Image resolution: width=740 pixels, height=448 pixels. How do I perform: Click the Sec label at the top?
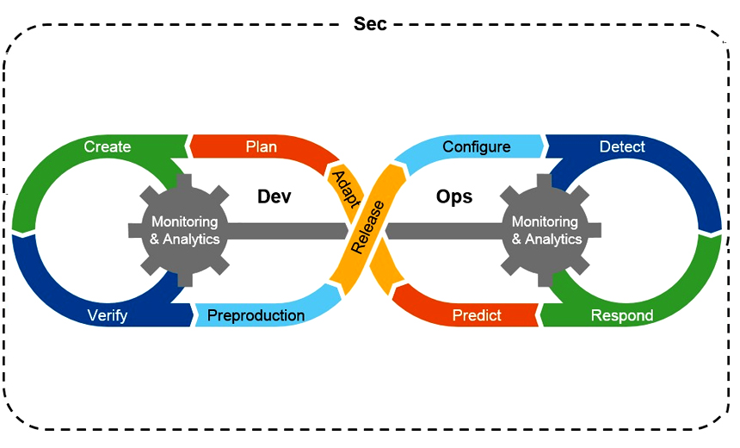click(x=370, y=23)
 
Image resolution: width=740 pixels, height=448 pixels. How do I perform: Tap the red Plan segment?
click(x=262, y=146)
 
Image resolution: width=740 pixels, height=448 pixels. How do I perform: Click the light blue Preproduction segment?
click(x=256, y=315)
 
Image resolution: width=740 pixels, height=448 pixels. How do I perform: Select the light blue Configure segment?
click(x=476, y=147)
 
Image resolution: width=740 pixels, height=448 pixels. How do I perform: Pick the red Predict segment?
click(x=476, y=315)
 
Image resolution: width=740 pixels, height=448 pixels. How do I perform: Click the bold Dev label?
click(x=274, y=196)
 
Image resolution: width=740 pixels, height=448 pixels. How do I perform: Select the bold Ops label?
click(x=454, y=196)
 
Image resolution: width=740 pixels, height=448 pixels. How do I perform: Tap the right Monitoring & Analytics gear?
click(x=546, y=230)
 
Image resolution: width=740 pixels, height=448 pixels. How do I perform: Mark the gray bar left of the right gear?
click(x=443, y=230)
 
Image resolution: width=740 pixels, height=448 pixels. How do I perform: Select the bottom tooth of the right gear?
click(x=546, y=280)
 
